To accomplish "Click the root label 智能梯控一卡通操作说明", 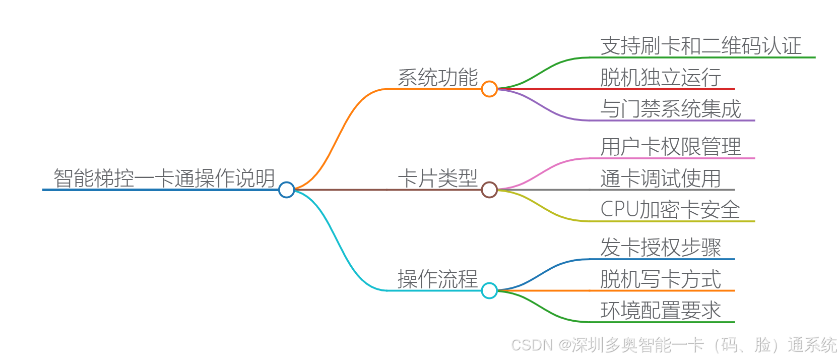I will click(x=164, y=178).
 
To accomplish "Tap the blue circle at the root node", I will click(x=286, y=190).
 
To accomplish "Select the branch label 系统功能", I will click(x=437, y=78).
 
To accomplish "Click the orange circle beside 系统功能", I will click(x=489, y=89).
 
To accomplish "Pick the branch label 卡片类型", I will click(x=437, y=178).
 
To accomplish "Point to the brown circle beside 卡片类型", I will click(x=489, y=190).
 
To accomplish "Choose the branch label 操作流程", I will click(x=437, y=279).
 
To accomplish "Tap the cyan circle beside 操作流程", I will click(x=489, y=290).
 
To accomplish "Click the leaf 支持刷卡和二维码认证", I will click(x=700, y=46).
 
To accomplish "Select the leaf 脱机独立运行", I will click(x=660, y=78).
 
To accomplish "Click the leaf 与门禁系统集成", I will click(x=670, y=109).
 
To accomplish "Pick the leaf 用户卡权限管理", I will click(x=670, y=147).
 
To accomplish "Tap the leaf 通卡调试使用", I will click(x=660, y=178).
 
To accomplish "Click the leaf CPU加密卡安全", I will click(x=670, y=210).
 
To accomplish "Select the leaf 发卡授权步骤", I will click(x=660, y=248).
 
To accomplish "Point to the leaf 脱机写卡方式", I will click(x=660, y=279).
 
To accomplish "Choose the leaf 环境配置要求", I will click(x=660, y=311).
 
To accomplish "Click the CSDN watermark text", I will click(x=673, y=345).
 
